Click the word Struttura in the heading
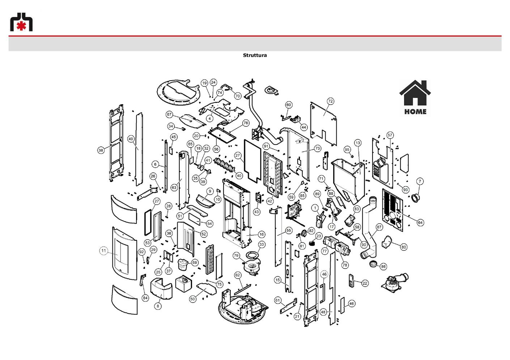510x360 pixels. click(x=255, y=55)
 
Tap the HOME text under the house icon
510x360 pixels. click(x=415, y=111)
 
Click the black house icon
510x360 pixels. click(x=415, y=93)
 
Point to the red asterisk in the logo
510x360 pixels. click(x=21, y=26)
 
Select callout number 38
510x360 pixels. click(x=101, y=150)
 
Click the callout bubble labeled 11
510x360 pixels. click(x=103, y=251)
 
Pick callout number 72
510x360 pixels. click(x=330, y=101)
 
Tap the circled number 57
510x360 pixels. click(x=390, y=135)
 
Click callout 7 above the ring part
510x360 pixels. click(x=420, y=181)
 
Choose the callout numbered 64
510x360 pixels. click(x=420, y=222)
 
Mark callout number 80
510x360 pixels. click(x=404, y=247)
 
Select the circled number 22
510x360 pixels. click(x=365, y=283)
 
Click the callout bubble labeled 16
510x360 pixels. click(x=262, y=234)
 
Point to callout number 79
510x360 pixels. click(x=236, y=256)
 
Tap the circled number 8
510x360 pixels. click(x=158, y=306)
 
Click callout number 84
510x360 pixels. click(x=145, y=298)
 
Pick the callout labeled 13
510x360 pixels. click(x=358, y=143)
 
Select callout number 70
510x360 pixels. click(x=238, y=96)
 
